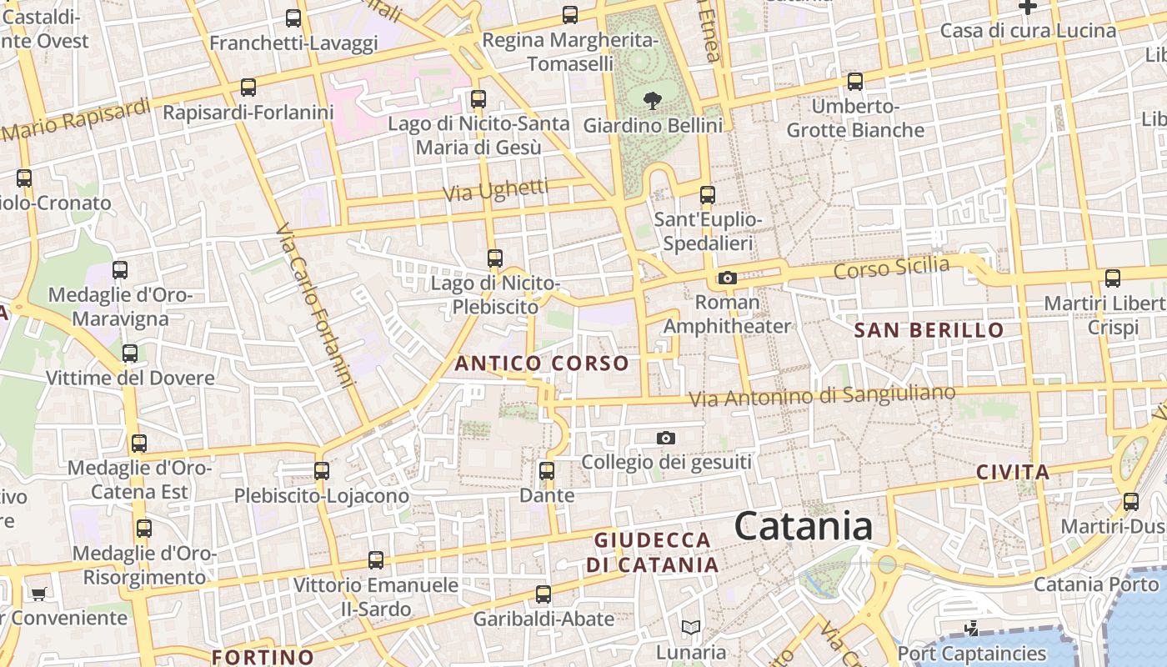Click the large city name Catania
(x=804, y=526)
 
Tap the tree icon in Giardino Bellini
(x=652, y=102)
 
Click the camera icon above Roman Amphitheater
(x=727, y=278)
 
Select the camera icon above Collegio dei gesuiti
(x=665, y=438)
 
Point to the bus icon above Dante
(x=547, y=471)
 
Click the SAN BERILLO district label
(x=929, y=330)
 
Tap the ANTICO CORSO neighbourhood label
(x=541, y=364)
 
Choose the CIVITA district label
(x=1013, y=473)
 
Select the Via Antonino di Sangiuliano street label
(x=822, y=397)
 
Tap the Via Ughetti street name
(x=495, y=191)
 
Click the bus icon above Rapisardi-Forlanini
(x=248, y=88)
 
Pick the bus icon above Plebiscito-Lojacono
(x=322, y=471)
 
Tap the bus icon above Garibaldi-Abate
(x=543, y=594)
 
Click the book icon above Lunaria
(x=690, y=628)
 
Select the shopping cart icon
(x=38, y=594)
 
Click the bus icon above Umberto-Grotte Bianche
(x=855, y=82)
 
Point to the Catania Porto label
(x=1095, y=584)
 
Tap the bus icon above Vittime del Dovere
(x=129, y=354)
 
